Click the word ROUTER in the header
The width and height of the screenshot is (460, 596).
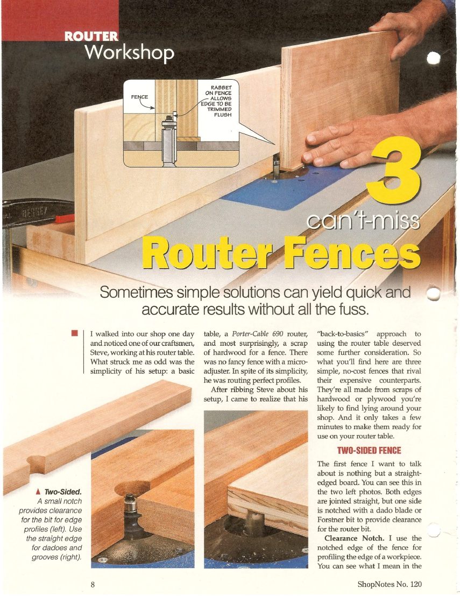91,36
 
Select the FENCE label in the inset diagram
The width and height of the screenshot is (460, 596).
139,97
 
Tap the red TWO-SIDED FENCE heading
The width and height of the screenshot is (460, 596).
369,451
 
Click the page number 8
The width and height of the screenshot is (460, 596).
93,584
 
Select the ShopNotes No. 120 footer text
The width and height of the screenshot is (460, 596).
390,584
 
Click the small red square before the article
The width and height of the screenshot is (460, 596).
74,333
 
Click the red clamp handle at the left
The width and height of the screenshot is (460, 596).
65,219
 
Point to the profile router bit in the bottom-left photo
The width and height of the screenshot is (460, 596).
131,513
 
